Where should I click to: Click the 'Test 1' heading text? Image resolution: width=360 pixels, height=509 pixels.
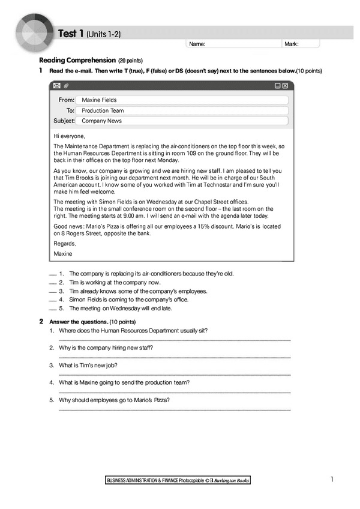click(x=71, y=34)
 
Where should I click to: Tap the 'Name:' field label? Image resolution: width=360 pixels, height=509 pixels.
click(x=197, y=44)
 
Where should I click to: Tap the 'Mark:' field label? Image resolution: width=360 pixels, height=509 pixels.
click(x=292, y=44)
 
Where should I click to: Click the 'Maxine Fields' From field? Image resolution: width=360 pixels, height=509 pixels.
click(x=180, y=100)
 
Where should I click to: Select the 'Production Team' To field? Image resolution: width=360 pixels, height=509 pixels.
click(x=180, y=110)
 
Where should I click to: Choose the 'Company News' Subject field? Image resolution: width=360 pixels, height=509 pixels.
click(x=180, y=121)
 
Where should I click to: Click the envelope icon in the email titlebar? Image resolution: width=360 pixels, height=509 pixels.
click(x=56, y=86)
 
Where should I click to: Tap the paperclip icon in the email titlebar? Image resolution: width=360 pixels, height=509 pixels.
click(x=66, y=86)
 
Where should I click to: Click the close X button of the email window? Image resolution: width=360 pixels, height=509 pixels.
click(x=285, y=86)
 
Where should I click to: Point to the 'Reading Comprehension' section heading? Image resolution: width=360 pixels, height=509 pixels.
click(x=77, y=61)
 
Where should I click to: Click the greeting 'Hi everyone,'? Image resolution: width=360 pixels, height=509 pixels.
click(x=70, y=136)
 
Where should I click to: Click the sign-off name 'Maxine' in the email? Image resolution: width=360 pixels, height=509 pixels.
click(x=62, y=254)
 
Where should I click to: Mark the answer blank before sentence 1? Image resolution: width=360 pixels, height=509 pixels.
click(x=52, y=274)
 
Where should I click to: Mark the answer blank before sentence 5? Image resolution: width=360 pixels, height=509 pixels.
click(x=52, y=309)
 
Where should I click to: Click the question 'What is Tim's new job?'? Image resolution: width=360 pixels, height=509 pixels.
click(x=88, y=365)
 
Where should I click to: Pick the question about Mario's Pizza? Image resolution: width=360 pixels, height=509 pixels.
click(x=114, y=400)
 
